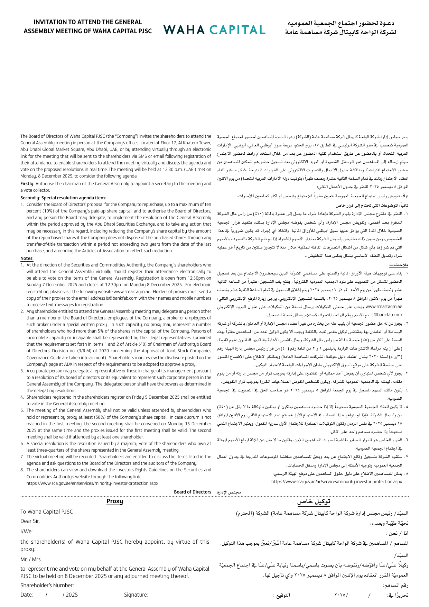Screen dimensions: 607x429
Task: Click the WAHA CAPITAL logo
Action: [x=214, y=30]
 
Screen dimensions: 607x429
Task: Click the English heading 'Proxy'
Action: [x=114, y=501]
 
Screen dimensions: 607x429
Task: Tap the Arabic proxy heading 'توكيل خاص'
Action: [x=314, y=501]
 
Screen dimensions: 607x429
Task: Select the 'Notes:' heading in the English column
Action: [x=27, y=259]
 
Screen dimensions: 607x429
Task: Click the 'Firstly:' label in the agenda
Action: [x=27, y=184]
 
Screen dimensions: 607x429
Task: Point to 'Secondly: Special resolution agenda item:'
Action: [x=63, y=198]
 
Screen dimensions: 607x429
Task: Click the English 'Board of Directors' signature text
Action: [x=192, y=492]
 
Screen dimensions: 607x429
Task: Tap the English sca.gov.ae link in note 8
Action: [x=92, y=483]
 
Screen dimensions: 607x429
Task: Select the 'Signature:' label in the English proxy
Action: [x=136, y=595]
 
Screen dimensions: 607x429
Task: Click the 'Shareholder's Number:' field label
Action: [x=47, y=586]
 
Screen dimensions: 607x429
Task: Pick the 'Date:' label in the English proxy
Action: [x=27, y=595]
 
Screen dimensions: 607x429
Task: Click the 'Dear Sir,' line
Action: [x=30, y=521]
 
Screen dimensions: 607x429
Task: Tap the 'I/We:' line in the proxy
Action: [x=26, y=531]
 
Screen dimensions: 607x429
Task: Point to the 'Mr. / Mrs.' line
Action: [x=31, y=559]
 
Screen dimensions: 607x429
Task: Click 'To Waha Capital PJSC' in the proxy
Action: [x=47, y=511]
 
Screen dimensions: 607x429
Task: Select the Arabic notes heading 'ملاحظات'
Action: [x=399, y=265]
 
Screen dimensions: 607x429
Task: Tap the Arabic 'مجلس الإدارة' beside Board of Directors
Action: [x=229, y=492]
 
